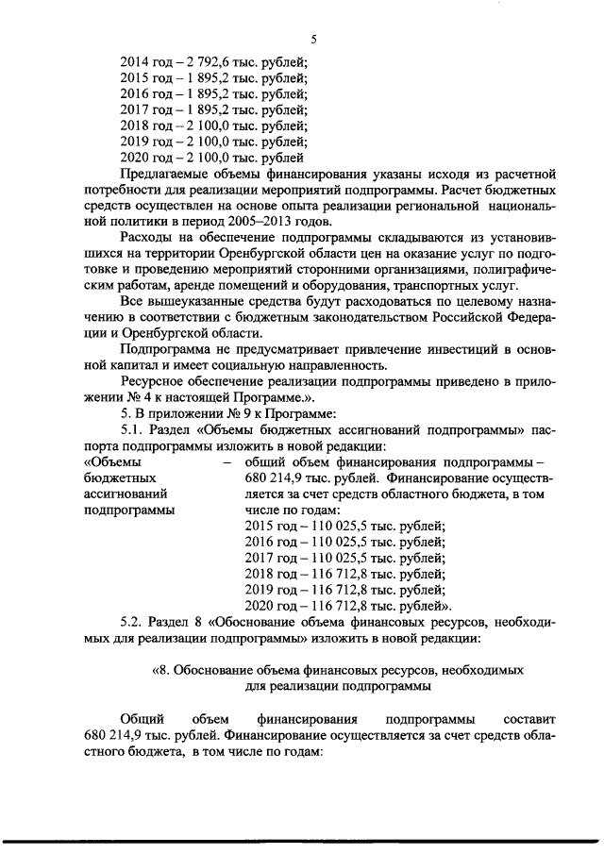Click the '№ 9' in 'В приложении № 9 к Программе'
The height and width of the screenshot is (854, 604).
[x=235, y=414]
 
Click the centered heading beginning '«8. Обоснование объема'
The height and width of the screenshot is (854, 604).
[x=338, y=671]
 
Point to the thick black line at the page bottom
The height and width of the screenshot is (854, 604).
[x=302, y=839]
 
